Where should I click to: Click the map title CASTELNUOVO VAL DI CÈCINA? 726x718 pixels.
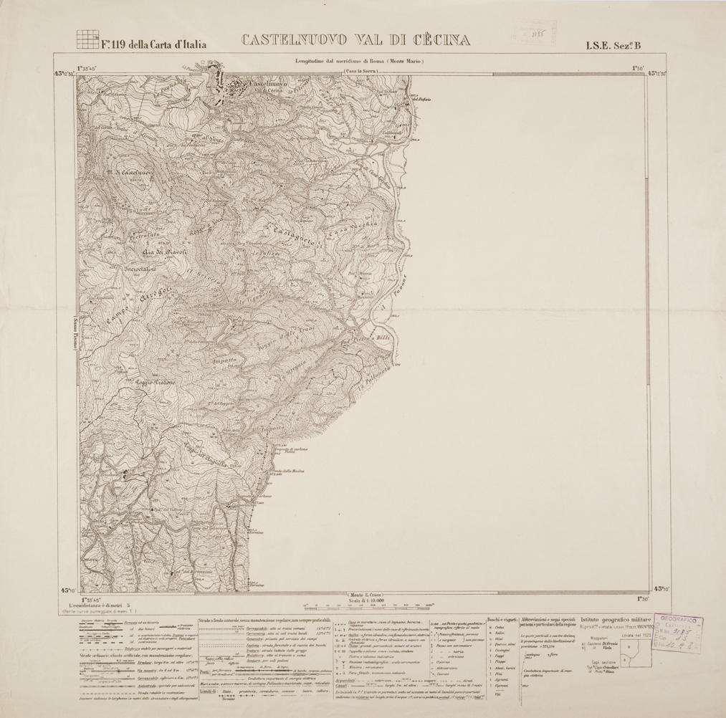tap(355, 40)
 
